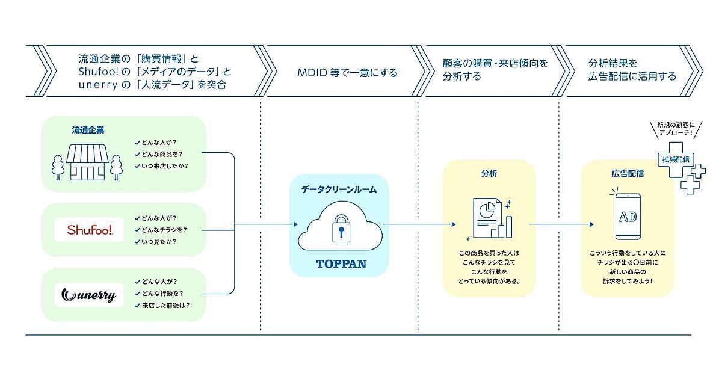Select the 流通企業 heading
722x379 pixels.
[x=88, y=129]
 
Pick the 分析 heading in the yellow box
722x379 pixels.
[x=489, y=174]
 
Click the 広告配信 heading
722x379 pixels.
[x=627, y=174]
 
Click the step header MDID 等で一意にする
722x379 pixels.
[x=347, y=73]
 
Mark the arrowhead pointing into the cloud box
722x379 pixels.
[x=296, y=224]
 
